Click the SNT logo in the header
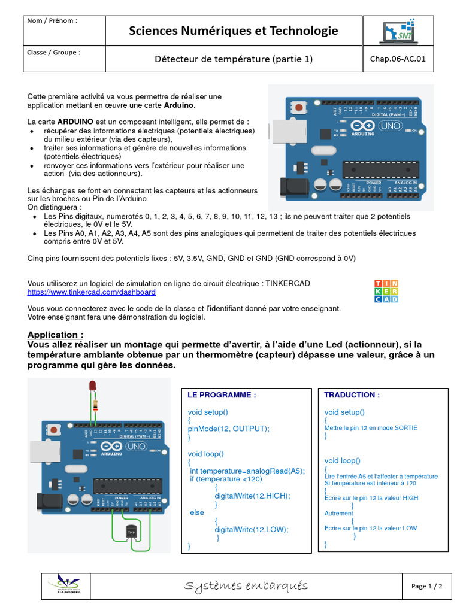[398, 31]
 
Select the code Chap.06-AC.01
[398, 59]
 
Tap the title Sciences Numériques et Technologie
[234, 31]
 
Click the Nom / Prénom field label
[52, 21]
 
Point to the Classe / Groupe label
[54, 53]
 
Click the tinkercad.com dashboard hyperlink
[92, 292]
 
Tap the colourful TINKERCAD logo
[386, 291]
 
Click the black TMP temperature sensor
[131, 532]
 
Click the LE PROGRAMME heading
[205, 395]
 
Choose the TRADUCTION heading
[343, 395]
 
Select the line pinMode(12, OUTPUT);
[229, 429]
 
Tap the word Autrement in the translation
[339, 514]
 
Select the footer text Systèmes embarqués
[246, 585]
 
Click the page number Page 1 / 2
[427, 586]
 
